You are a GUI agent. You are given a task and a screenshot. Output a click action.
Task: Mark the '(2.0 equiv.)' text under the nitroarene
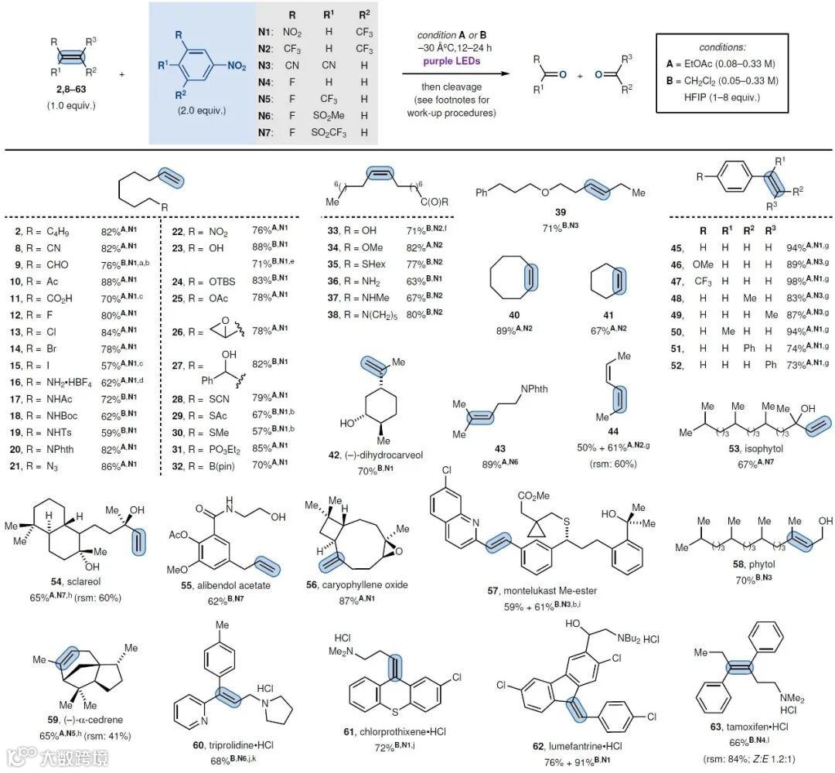pyautogui.click(x=201, y=111)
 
